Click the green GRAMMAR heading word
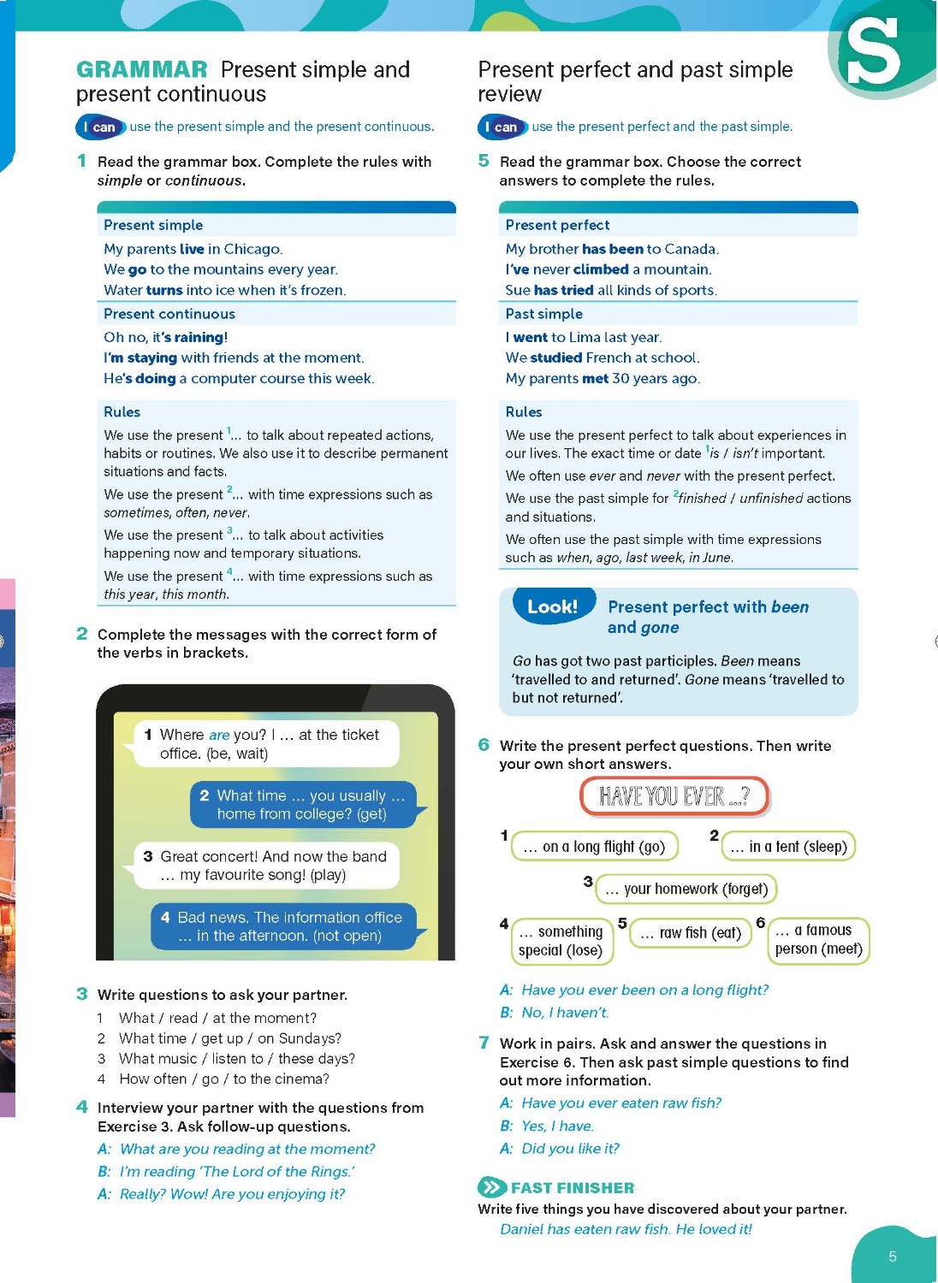point(141,69)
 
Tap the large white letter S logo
point(873,52)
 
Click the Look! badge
point(553,606)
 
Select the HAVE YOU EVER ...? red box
point(674,796)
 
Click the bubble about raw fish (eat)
point(691,932)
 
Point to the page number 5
point(893,1256)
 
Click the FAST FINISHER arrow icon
point(491,1187)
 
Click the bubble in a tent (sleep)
point(788,847)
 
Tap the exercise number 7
point(484,1043)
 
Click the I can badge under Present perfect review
point(502,127)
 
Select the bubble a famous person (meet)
point(818,940)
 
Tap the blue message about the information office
point(283,926)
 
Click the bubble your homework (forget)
point(686,890)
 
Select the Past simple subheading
point(544,314)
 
